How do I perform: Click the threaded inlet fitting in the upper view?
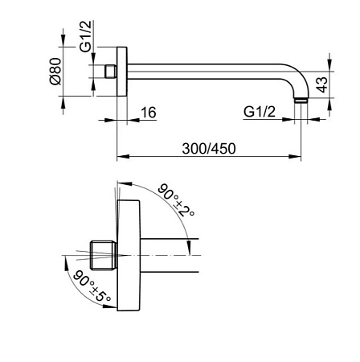pos(109,72)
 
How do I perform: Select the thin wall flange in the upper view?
pos(121,72)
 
